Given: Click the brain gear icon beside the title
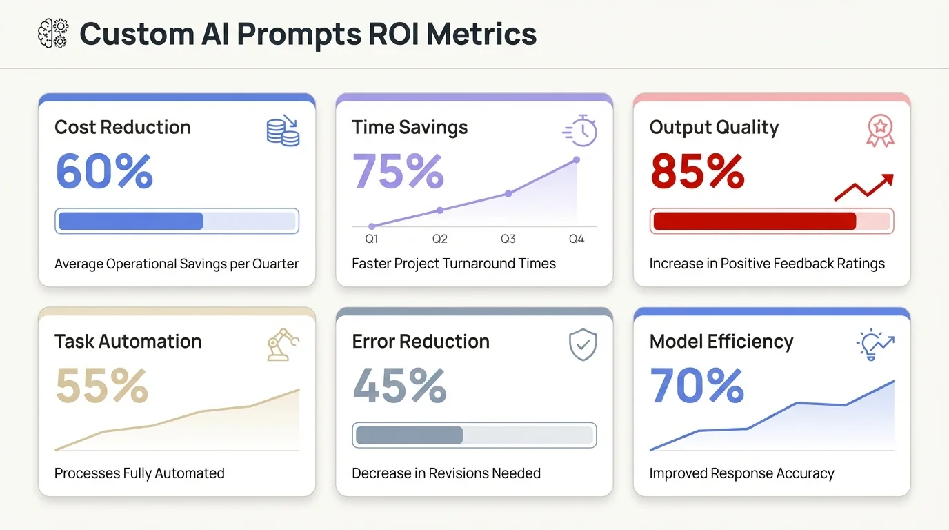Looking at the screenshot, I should [x=53, y=34].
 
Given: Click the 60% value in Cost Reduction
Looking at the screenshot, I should [x=103, y=171].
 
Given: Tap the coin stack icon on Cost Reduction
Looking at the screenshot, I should [x=283, y=131].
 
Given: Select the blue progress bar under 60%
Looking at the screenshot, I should [x=177, y=221].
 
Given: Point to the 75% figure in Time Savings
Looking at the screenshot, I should [x=398, y=171].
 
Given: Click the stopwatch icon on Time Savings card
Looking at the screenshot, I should [x=580, y=130].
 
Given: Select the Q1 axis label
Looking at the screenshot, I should [x=372, y=239].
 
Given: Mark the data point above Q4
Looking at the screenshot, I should [x=577, y=159].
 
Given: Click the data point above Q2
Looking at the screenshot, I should [x=440, y=210].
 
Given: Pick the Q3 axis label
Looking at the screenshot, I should [x=508, y=239].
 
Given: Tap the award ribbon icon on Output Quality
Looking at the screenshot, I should [x=880, y=130].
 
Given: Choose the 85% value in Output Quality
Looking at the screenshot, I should [x=697, y=171].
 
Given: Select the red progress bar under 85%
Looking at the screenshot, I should [x=771, y=221].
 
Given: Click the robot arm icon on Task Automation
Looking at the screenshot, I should [x=283, y=344].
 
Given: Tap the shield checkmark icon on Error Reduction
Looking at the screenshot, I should [x=582, y=344].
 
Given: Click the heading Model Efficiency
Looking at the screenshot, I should [x=721, y=342].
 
